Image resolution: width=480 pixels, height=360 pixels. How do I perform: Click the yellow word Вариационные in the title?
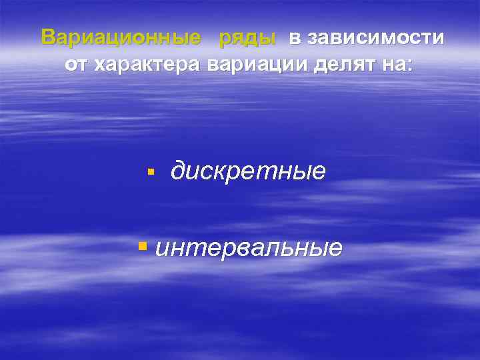click(x=120, y=38)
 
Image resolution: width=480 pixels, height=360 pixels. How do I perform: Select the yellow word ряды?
click(x=247, y=39)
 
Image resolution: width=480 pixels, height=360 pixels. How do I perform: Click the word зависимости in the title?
click(x=375, y=38)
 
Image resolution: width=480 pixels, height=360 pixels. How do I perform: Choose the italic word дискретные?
click(x=248, y=172)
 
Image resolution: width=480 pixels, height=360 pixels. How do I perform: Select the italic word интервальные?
click(x=249, y=248)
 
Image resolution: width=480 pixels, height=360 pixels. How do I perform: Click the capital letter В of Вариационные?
click(x=48, y=38)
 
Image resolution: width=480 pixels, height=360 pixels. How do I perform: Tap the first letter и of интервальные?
click(x=161, y=249)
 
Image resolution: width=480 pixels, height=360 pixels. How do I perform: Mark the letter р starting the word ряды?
click(x=225, y=40)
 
